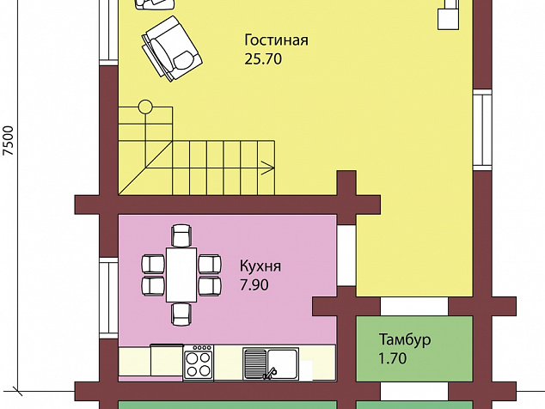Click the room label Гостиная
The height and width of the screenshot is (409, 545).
click(x=276, y=40)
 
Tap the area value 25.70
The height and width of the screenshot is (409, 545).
click(x=263, y=59)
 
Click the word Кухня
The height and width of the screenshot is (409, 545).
click(x=260, y=266)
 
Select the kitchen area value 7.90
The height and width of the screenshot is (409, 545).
click(x=254, y=285)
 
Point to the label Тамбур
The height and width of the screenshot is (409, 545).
click(x=405, y=339)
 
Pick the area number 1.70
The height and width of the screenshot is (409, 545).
click(x=392, y=358)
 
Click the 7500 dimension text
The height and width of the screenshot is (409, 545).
click(x=8, y=140)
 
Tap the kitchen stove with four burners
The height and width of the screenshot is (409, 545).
click(x=198, y=362)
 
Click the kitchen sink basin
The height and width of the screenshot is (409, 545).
click(x=283, y=362)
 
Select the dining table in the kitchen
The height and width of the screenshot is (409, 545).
click(x=181, y=274)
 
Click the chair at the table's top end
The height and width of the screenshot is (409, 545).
click(x=181, y=235)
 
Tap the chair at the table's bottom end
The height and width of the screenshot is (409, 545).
click(x=181, y=314)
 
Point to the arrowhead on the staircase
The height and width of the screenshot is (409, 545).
click(x=269, y=168)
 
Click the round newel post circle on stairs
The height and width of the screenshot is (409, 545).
click(x=145, y=107)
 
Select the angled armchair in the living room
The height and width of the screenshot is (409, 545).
click(x=172, y=49)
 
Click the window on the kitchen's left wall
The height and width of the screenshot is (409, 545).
click(x=109, y=298)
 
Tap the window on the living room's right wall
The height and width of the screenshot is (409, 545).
click(x=482, y=130)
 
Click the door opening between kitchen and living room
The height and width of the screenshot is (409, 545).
click(x=346, y=255)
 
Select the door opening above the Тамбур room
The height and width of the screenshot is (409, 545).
click(x=414, y=306)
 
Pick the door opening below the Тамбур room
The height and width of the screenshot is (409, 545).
click(x=414, y=391)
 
